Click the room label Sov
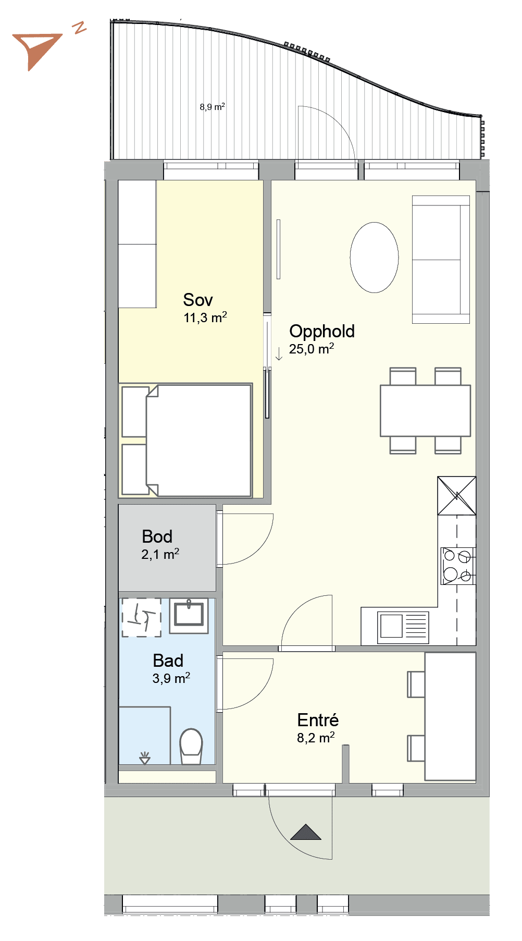tap(198, 300)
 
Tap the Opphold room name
tap(322, 332)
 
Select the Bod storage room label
tap(157, 536)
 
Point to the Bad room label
tap(168, 661)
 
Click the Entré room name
tap(318, 719)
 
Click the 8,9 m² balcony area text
tap(213, 107)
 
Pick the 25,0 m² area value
tap(312, 349)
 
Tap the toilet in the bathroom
tap(191, 746)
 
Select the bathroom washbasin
tap(189, 616)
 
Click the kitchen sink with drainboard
tap(403, 628)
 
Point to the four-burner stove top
tap(458, 566)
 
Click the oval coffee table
tap(374, 258)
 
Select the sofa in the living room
tap(441, 260)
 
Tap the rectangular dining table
tap(425, 411)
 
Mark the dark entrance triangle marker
tap(306, 832)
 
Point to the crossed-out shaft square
tap(457, 496)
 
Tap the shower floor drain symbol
tap(145, 759)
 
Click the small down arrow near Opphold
tap(279, 354)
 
